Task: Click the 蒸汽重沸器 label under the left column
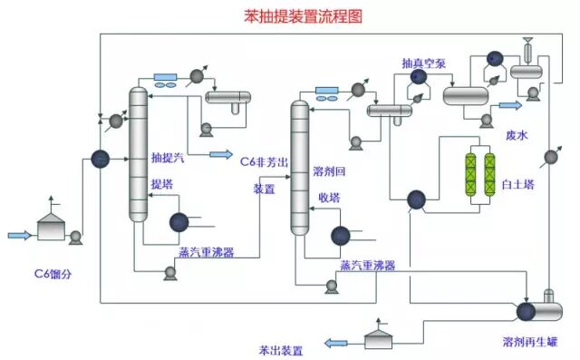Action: click(204, 253)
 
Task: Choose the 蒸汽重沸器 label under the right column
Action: click(367, 266)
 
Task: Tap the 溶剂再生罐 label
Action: click(529, 344)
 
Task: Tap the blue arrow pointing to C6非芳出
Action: click(220, 154)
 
